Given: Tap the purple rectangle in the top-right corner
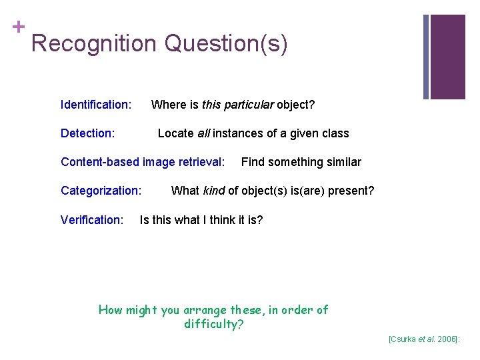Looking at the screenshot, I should (x=448, y=57).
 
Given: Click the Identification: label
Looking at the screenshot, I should (x=95, y=105).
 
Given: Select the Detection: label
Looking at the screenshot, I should (x=87, y=133).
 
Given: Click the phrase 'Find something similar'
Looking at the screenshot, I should (x=301, y=162).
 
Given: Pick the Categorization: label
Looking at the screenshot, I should (x=101, y=191).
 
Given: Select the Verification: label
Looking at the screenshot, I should (x=92, y=219).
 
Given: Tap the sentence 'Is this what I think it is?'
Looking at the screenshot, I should (x=201, y=219).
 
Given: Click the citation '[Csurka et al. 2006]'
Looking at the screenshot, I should (x=424, y=339).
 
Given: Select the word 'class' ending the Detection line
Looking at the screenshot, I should (x=335, y=133).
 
